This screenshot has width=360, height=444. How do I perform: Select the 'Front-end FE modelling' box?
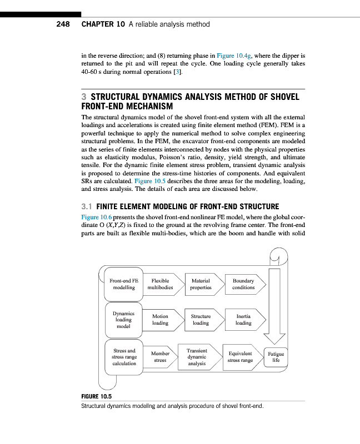click(123, 285)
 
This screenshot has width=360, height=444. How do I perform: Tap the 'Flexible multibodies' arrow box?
click(162, 285)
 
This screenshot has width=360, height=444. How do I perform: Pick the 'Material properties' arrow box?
click(201, 285)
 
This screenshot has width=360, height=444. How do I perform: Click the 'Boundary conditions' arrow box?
click(244, 285)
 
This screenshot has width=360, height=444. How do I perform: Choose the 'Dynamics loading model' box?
click(123, 320)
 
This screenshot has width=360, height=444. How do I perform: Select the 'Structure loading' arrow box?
click(201, 320)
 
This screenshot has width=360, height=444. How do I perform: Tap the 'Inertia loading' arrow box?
click(244, 320)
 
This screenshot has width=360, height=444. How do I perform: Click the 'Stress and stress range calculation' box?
click(124, 356)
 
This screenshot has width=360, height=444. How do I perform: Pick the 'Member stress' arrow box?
click(161, 357)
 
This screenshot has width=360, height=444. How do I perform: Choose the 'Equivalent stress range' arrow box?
click(241, 357)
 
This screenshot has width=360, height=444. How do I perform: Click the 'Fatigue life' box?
click(276, 356)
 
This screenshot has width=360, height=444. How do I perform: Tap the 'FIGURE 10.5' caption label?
click(97, 396)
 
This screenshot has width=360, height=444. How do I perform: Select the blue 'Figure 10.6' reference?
click(98, 216)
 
